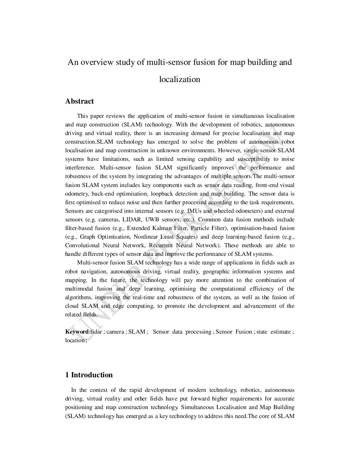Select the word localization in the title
[x=180, y=79]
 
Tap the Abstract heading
[x=79, y=101]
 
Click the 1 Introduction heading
[x=89, y=375]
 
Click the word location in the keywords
[x=75, y=341]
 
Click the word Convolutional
[x=82, y=246]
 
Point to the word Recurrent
[x=161, y=246]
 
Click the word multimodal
[x=79, y=289]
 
